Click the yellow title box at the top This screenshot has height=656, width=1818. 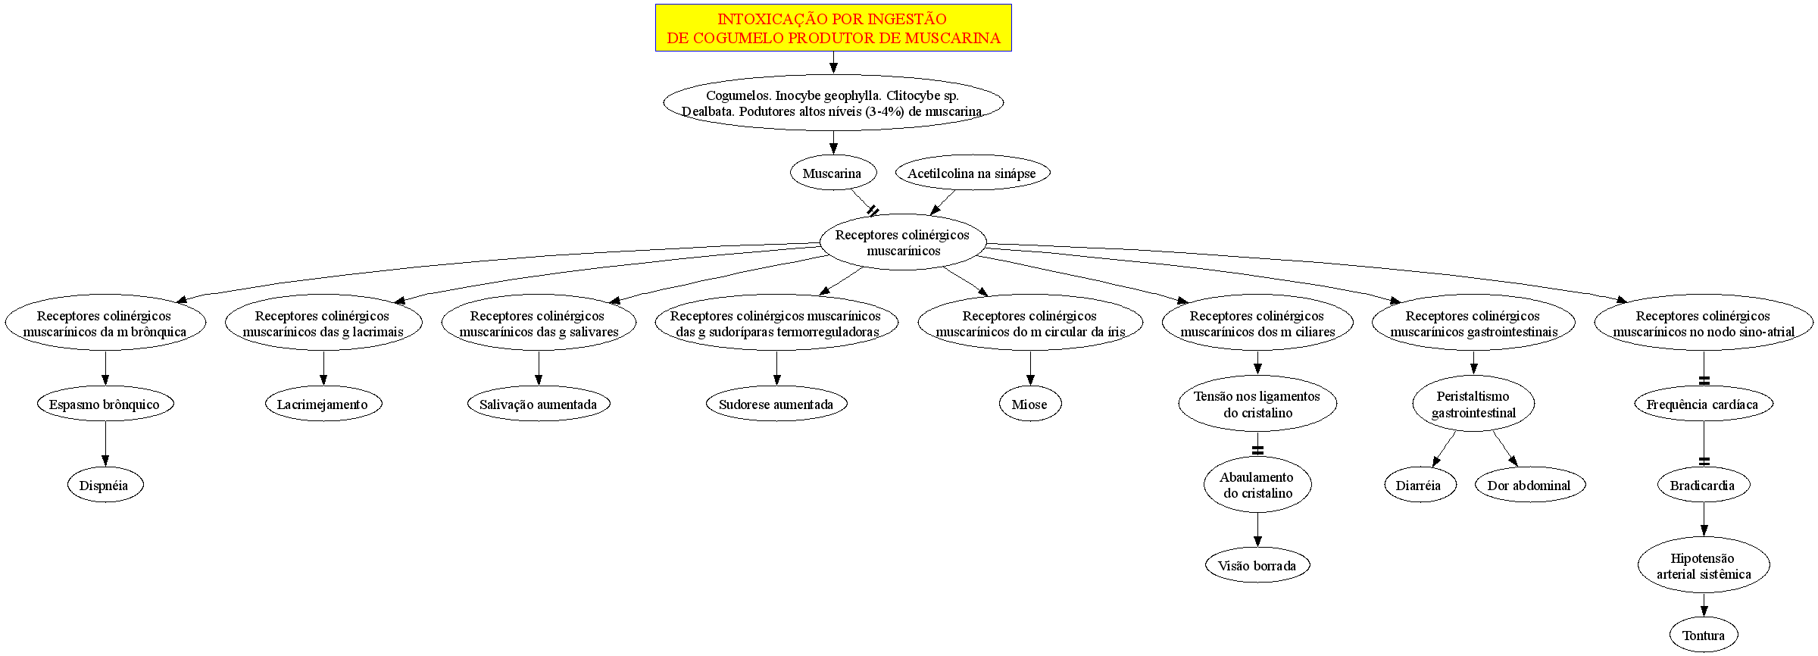833,28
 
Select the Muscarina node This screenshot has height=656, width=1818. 832,173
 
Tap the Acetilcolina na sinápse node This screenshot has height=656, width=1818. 972,173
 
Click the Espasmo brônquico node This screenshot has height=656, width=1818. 105,405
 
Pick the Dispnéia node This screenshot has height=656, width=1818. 105,486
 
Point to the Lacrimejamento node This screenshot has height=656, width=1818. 323,405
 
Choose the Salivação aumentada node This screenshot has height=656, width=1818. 539,405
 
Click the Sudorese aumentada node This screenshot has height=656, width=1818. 776,405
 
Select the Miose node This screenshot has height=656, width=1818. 1030,405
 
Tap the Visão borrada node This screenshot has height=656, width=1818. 1257,566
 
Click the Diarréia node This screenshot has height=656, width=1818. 1420,486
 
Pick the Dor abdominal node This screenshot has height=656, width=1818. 1530,486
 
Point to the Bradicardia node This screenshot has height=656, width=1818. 1704,486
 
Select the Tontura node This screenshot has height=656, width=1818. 1704,636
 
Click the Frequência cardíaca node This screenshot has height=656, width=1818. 1704,405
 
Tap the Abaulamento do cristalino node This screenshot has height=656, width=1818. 1257,485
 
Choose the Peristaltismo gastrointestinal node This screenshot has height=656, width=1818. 1473,405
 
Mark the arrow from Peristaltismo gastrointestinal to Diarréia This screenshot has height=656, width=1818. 1443,448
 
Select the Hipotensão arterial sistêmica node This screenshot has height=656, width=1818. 1704,566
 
